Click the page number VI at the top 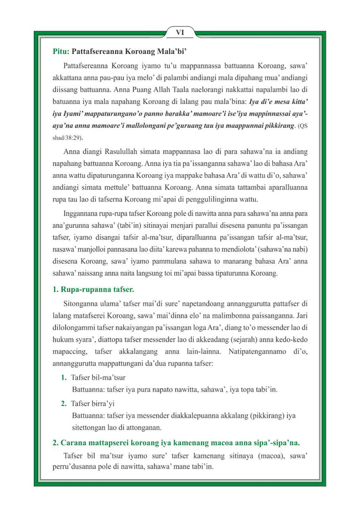click(180, 33)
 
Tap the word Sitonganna click(82, 304)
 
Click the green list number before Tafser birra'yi click(64, 403)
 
